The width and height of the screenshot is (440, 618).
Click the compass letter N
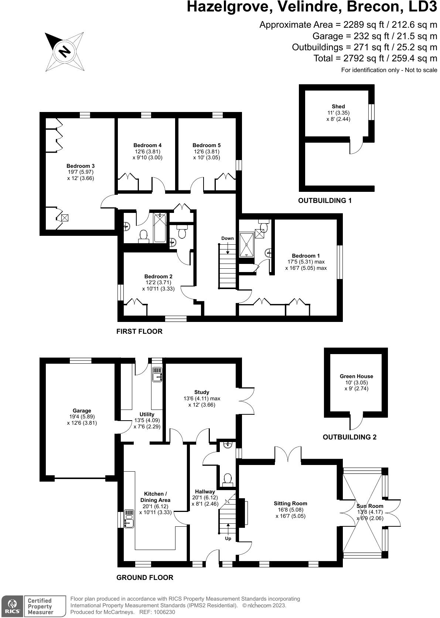tap(65, 51)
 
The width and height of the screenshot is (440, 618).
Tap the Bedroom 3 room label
tap(78, 166)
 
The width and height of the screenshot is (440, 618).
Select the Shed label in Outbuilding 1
tap(338, 106)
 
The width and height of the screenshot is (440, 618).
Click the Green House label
tap(356, 376)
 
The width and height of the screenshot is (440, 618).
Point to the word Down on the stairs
tap(228, 238)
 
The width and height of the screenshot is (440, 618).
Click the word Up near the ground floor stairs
tap(228, 539)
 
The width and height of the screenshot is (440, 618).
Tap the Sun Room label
tap(369, 506)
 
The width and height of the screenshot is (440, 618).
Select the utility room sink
tap(157, 374)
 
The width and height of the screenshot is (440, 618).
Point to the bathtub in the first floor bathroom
tap(160, 227)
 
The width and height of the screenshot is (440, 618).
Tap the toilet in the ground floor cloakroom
tap(228, 479)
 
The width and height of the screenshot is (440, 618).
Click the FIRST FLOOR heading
tap(139, 332)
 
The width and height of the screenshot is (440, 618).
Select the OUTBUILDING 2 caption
tap(349, 437)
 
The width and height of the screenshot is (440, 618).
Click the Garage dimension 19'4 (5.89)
tap(82, 417)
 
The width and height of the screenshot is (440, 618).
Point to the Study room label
tap(202, 392)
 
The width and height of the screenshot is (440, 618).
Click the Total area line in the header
tap(375, 58)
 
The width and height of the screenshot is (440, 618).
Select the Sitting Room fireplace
tap(243, 512)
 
